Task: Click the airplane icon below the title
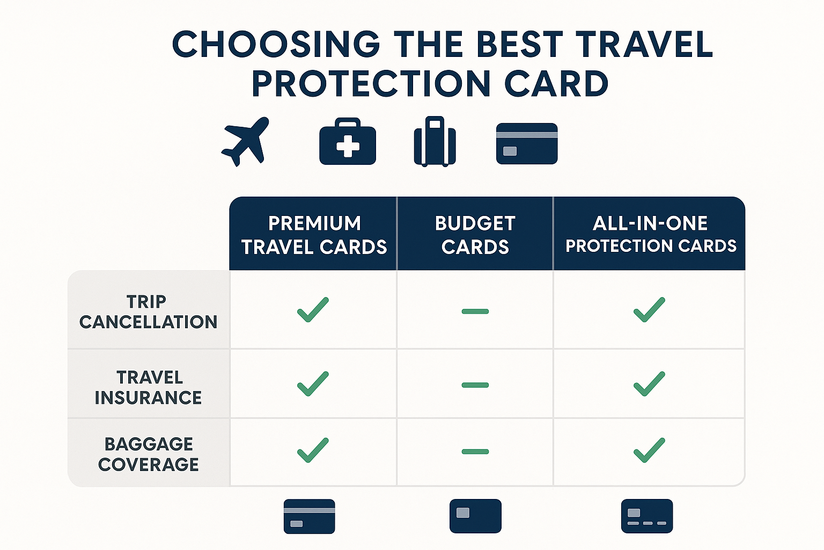click(246, 142)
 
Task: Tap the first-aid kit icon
click(348, 141)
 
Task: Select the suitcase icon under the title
click(435, 141)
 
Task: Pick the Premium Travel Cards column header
click(314, 235)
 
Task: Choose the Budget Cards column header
click(475, 235)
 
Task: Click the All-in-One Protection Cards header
click(650, 234)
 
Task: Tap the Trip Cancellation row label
click(148, 312)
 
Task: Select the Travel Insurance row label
click(148, 388)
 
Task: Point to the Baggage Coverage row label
click(149, 454)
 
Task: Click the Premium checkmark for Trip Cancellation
click(313, 309)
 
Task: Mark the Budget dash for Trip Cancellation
click(475, 312)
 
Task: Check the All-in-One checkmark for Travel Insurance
click(649, 384)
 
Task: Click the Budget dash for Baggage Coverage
click(475, 452)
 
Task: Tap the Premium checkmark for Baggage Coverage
click(313, 450)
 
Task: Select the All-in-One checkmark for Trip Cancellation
click(649, 309)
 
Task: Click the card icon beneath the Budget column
click(475, 516)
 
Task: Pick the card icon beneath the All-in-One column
click(647, 516)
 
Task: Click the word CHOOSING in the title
click(276, 44)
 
